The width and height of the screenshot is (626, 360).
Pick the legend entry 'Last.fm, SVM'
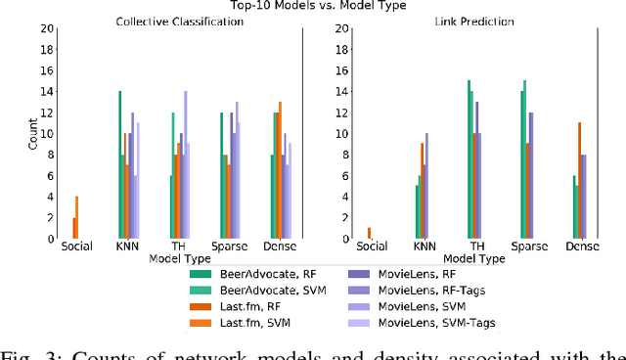click(244, 320)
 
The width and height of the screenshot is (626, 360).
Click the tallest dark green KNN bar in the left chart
click(119, 164)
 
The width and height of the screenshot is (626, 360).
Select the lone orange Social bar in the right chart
click(369, 233)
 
